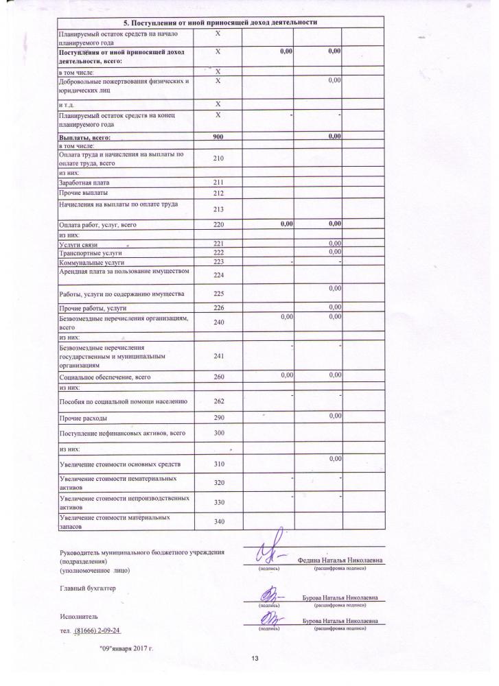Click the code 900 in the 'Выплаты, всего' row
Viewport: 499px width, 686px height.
coord(219,137)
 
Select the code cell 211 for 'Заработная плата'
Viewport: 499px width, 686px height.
coord(219,183)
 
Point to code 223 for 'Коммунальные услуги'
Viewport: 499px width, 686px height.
coord(219,262)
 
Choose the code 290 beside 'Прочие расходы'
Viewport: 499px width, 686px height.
coord(219,417)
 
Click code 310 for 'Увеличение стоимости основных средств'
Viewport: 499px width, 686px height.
coord(219,464)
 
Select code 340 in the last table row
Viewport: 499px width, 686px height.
coord(219,522)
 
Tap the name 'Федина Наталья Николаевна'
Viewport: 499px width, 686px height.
coord(340,560)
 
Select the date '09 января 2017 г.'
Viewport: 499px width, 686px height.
coord(126,648)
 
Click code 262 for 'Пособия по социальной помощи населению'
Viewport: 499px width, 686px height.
coord(219,401)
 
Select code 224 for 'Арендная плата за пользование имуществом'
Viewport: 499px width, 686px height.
coord(219,276)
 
